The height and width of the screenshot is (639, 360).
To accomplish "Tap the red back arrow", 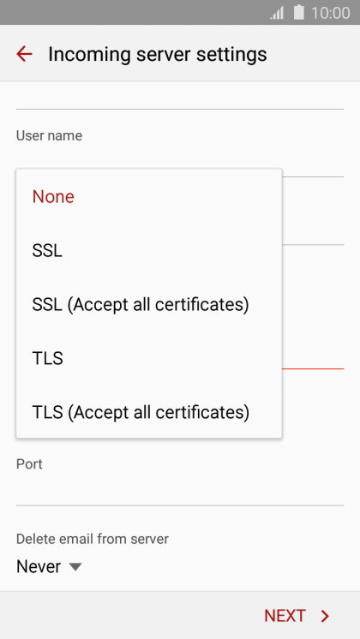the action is pyautogui.click(x=24, y=54).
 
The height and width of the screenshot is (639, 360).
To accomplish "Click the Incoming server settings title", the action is pyautogui.click(x=158, y=54).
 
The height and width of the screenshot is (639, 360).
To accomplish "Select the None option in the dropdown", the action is pyautogui.click(x=53, y=197).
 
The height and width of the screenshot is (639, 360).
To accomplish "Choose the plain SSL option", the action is pyautogui.click(x=47, y=251).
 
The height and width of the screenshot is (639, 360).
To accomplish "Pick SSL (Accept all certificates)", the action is pyautogui.click(x=141, y=305).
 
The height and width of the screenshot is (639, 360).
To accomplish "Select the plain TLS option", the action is pyautogui.click(x=48, y=359).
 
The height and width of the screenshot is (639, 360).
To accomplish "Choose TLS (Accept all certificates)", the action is pyautogui.click(x=141, y=412).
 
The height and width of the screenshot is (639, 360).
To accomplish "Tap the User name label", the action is pyautogui.click(x=50, y=135).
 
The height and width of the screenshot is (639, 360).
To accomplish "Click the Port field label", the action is pyautogui.click(x=29, y=464).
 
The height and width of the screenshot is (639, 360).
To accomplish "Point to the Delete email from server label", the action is pyautogui.click(x=93, y=539).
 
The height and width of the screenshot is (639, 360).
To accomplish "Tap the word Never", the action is pyautogui.click(x=39, y=567).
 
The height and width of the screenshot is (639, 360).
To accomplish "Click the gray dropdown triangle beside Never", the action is pyautogui.click(x=75, y=567).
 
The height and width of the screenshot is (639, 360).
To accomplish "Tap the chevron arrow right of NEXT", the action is pyautogui.click(x=325, y=616).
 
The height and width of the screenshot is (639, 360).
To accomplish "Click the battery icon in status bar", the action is pyautogui.click(x=299, y=12).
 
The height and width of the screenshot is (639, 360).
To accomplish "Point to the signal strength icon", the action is pyautogui.click(x=277, y=13).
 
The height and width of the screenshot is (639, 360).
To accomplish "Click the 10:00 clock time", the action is pyautogui.click(x=331, y=13).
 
